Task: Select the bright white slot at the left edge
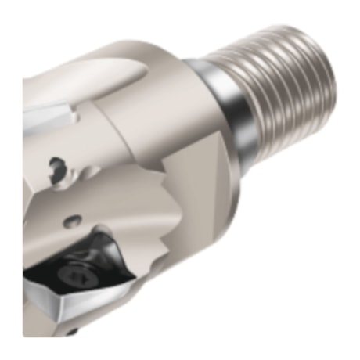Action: pos(47,117)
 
